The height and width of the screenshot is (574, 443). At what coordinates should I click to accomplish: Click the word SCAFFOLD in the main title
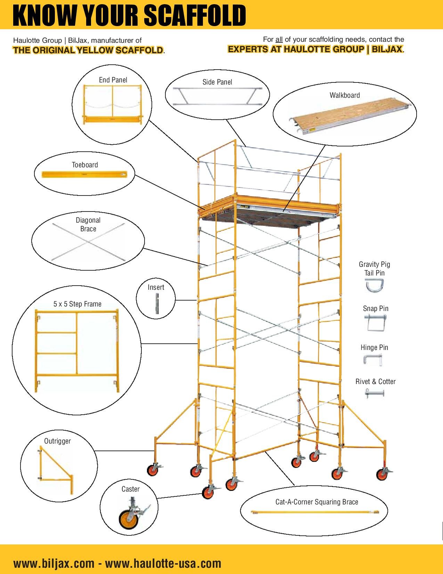coord(195,15)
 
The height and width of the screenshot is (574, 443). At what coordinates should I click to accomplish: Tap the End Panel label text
coord(113,80)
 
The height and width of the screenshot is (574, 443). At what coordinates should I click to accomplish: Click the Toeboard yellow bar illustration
coord(84,174)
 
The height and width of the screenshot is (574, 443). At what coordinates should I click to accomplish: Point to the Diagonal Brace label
coord(88,224)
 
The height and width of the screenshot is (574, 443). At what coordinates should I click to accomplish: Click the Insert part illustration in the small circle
coord(157,303)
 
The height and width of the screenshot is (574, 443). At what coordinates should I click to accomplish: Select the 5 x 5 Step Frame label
coord(77,304)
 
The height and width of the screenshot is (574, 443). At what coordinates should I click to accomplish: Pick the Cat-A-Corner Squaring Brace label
coord(317,502)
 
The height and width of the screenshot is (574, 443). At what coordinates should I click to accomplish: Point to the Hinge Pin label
coord(374,348)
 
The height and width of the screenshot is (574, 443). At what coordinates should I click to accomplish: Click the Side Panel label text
coord(217,82)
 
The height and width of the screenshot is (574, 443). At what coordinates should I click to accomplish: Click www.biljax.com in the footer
coord(54,563)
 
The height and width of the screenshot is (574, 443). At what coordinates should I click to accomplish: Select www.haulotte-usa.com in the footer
coord(163,563)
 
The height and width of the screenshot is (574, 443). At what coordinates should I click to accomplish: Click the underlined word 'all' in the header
coord(279,40)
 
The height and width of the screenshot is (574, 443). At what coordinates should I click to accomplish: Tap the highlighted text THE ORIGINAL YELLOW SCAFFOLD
coord(88,50)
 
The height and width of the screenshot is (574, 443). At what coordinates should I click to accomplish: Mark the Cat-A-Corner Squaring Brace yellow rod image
coord(314,512)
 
